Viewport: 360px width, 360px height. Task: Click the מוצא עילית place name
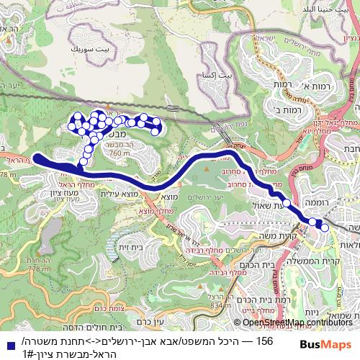pyautogui.click(x=117, y=194)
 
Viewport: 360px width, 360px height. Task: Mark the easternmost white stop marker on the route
pyautogui.click(x=325, y=228)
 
